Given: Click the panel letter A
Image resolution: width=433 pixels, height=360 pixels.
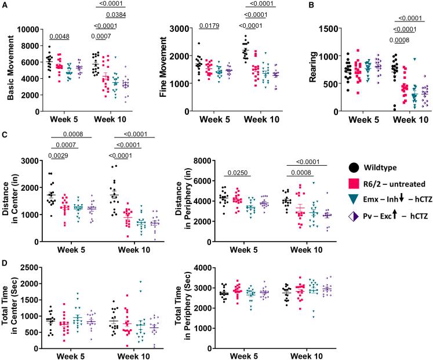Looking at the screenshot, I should tap(5, 5).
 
